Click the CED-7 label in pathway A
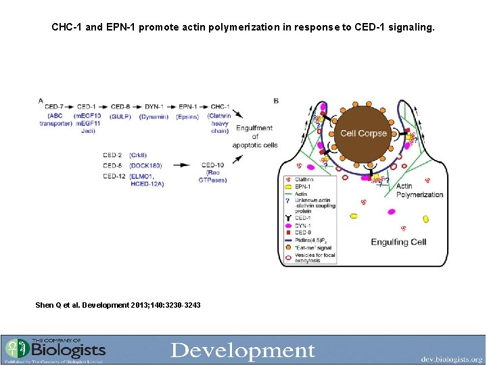(x=53, y=107)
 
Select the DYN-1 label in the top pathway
(x=154, y=107)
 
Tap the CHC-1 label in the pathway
(x=221, y=107)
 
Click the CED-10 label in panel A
(x=212, y=165)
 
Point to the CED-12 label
(x=112, y=176)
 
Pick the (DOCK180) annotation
(x=143, y=165)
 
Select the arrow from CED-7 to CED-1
(x=70, y=107)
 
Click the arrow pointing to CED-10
(x=181, y=165)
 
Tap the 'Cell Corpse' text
(x=363, y=134)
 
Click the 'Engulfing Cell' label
(x=398, y=242)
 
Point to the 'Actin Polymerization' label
(x=419, y=190)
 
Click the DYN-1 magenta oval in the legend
(x=287, y=225)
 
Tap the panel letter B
(x=276, y=101)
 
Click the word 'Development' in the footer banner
(x=243, y=350)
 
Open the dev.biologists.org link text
(x=451, y=359)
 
